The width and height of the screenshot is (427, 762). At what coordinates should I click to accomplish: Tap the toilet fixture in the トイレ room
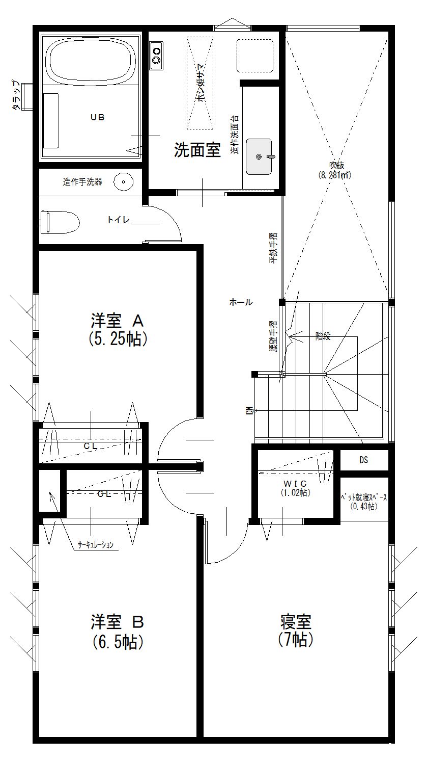click(60, 222)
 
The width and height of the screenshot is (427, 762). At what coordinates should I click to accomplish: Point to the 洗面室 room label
click(197, 150)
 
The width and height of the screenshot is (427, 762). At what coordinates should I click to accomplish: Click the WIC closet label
click(295, 483)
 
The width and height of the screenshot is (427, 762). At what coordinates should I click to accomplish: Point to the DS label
click(363, 460)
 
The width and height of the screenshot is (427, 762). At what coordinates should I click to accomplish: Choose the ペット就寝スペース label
click(364, 497)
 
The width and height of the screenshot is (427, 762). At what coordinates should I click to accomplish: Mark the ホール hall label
click(241, 302)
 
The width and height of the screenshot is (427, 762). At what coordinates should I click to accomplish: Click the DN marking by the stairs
click(249, 410)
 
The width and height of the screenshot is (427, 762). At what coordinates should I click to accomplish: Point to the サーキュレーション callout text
click(96, 545)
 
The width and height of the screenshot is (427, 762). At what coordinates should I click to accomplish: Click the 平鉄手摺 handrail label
click(273, 248)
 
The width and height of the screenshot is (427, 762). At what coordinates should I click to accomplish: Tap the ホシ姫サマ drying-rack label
click(200, 83)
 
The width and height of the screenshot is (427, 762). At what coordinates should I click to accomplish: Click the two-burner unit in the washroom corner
click(156, 57)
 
